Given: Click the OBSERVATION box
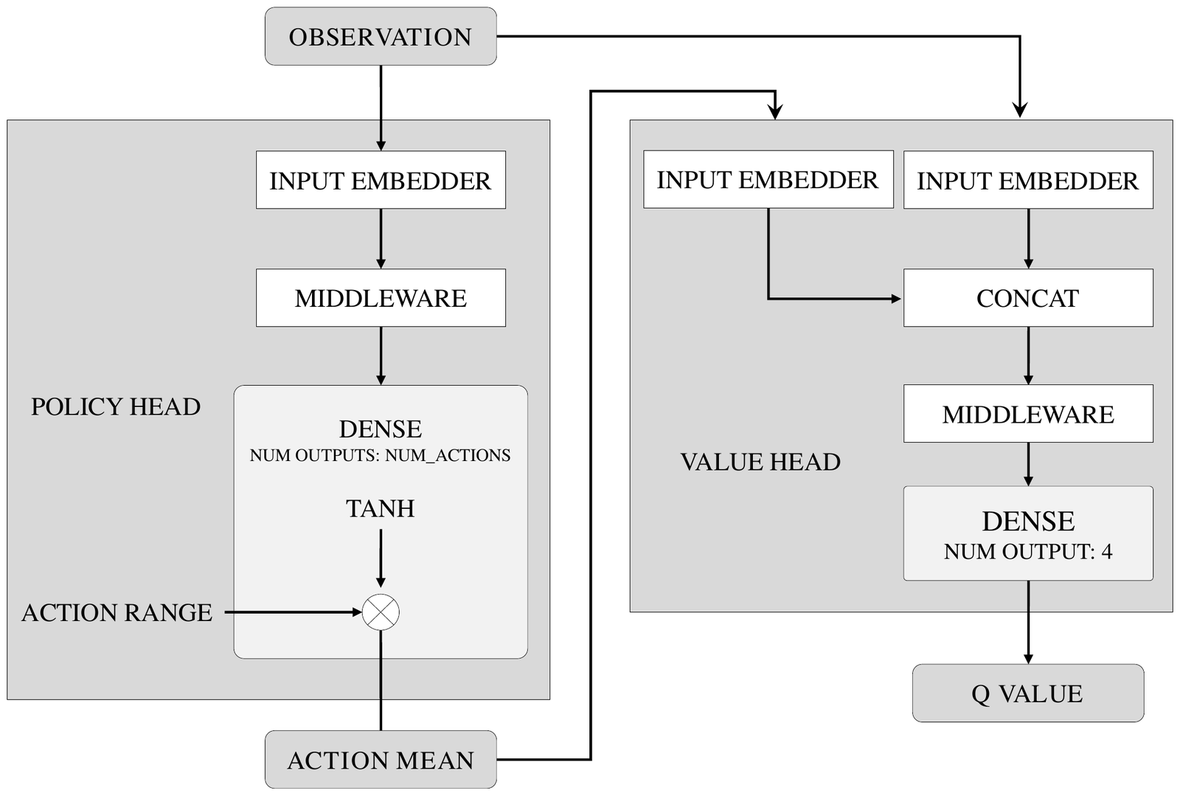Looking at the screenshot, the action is [381, 36].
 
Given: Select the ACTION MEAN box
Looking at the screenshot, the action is [381, 760].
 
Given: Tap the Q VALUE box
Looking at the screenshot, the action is [1028, 693].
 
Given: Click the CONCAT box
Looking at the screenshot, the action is [1028, 297].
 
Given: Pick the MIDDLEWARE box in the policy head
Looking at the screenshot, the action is [381, 297].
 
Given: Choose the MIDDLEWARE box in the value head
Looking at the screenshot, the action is [1028, 414].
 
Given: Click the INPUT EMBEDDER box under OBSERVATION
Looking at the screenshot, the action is [381, 180].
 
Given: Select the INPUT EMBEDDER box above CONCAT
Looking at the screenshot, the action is [1028, 180].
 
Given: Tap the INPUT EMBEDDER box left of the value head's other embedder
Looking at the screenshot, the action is [768, 179].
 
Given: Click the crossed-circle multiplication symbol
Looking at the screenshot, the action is [381, 612].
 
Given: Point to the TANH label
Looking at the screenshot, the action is [381, 509].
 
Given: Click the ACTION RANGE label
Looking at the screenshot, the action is [117, 612].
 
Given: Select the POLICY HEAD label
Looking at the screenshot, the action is [116, 406].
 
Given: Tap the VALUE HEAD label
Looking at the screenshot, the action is [760, 462].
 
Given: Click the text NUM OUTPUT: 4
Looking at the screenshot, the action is [1028, 552].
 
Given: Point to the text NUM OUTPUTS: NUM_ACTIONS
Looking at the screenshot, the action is [380, 455].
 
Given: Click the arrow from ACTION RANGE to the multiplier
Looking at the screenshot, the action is [293, 612].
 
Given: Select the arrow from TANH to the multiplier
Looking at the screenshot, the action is [381, 558].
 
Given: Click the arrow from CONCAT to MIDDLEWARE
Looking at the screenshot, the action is [1028, 356].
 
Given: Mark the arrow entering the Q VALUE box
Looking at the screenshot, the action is [1028, 622].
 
